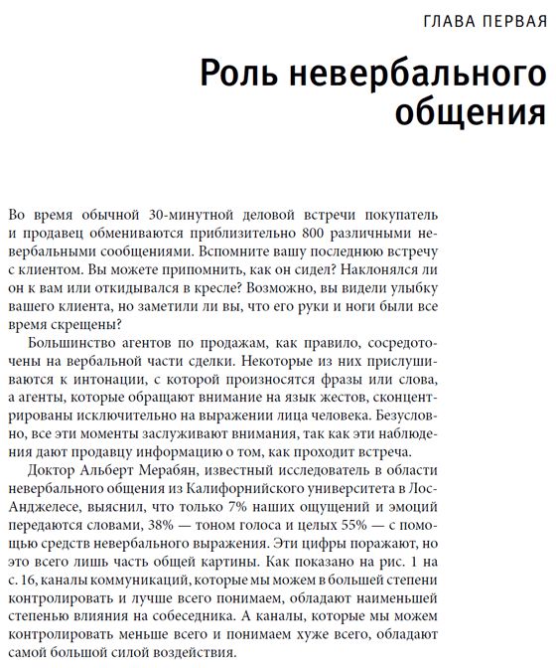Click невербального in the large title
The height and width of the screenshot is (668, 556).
click(x=417, y=75)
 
